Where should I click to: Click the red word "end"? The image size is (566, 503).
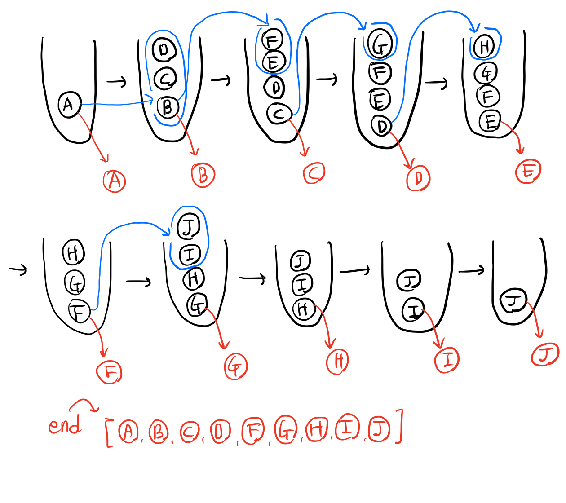(x=65, y=424)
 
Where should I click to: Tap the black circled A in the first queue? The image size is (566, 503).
(x=69, y=105)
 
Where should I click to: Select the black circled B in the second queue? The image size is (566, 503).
(x=168, y=107)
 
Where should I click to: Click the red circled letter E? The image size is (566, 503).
(x=528, y=171)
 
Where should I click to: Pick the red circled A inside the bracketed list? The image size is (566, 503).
(x=128, y=431)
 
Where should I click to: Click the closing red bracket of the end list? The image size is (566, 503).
(x=399, y=426)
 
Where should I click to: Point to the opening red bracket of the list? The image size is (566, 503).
(x=108, y=433)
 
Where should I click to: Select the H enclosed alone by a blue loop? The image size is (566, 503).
(x=484, y=46)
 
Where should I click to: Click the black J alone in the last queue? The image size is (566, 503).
(x=514, y=301)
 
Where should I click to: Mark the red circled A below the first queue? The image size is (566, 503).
(x=115, y=181)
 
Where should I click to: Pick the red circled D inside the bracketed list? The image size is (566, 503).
(x=220, y=431)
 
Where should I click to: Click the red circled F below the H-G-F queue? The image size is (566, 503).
(x=109, y=372)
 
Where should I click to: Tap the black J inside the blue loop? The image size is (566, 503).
(x=189, y=227)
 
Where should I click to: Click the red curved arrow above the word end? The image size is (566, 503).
(x=84, y=404)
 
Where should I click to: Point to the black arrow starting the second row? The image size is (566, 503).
(x=18, y=269)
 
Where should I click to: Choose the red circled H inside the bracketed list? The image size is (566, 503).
(x=317, y=429)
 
